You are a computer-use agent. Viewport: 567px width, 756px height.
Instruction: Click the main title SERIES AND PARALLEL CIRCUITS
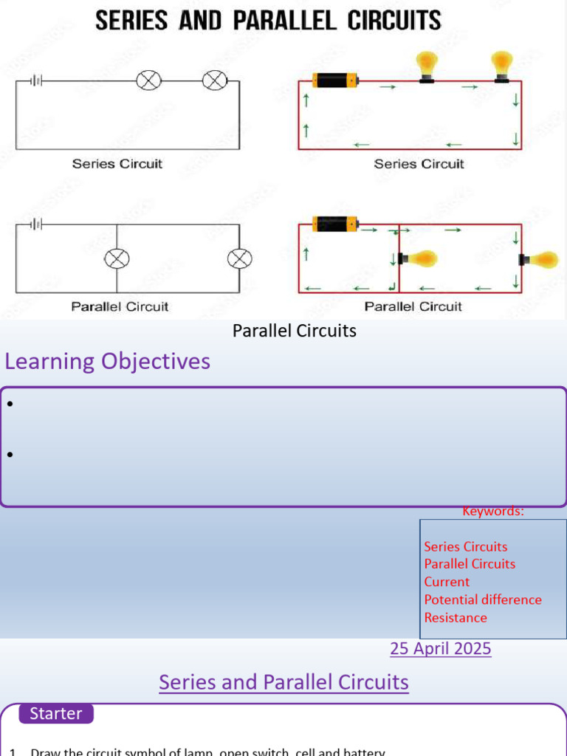point(268,20)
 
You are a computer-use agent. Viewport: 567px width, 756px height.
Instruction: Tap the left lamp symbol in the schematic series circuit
point(148,80)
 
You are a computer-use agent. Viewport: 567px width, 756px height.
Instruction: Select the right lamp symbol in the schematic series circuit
point(215,80)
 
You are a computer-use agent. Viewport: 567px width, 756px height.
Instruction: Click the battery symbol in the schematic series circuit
point(35,80)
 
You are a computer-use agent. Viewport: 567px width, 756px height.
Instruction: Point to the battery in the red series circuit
point(334,80)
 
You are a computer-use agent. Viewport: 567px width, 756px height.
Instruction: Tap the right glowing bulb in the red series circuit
point(503,65)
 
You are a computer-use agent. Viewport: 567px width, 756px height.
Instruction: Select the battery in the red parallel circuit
point(334,223)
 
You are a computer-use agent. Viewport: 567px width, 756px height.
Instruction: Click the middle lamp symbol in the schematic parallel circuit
point(117,258)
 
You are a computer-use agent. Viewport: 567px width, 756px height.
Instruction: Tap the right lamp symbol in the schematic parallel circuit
point(238,258)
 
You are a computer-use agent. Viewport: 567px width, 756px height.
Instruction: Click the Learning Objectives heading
point(108,362)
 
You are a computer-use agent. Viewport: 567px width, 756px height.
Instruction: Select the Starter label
point(56,714)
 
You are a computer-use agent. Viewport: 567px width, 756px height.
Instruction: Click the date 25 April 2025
point(440,649)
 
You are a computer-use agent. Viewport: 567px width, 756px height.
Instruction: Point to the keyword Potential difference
point(483,599)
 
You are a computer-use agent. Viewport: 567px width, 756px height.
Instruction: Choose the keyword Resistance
point(456,618)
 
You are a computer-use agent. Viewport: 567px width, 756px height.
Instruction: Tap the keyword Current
point(447,582)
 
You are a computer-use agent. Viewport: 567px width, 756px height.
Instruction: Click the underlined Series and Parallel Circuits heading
point(283,682)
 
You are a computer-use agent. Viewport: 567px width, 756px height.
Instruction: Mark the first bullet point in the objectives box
point(10,404)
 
